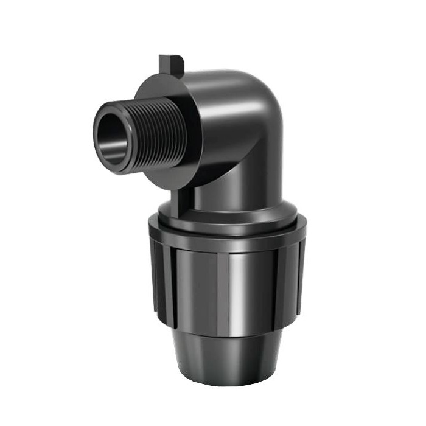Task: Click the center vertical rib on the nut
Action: [x=229, y=286]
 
